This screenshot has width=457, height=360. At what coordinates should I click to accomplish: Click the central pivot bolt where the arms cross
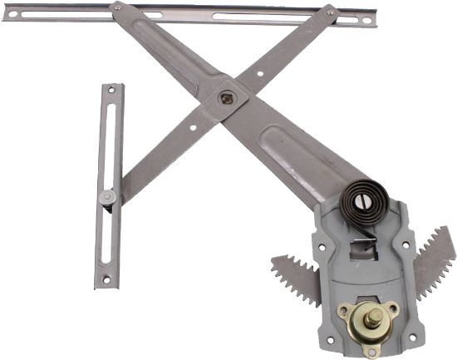(x=227, y=98)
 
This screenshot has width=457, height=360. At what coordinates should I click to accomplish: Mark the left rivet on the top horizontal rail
(x=116, y=7)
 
